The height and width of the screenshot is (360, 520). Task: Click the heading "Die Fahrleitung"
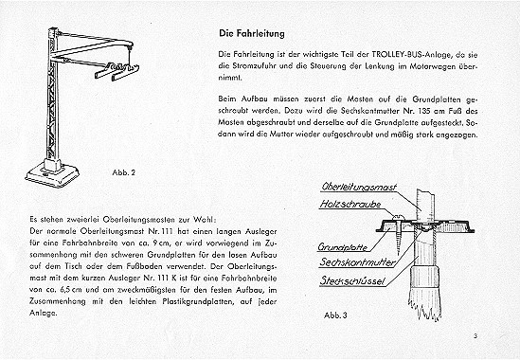(252, 33)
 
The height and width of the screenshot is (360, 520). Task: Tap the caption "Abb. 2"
(124, 172)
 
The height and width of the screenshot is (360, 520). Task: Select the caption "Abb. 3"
(335, 315)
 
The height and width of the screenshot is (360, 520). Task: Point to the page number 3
(475, 336)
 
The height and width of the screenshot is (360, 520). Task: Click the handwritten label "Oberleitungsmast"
(359, 187)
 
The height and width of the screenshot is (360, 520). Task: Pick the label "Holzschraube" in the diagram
(350, 204)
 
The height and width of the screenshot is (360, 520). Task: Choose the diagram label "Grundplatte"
(343, 247)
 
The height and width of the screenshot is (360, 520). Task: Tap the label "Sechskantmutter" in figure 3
(357, 262)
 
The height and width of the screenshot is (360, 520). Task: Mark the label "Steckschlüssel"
(352, 280)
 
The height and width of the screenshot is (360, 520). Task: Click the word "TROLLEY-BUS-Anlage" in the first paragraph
(411, 54)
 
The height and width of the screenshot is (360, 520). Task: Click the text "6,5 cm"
(71, 290)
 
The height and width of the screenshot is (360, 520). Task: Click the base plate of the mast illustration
(52, 176)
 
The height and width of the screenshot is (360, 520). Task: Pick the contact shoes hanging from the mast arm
(117, 72)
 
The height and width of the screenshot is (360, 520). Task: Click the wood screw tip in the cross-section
(399, 254)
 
